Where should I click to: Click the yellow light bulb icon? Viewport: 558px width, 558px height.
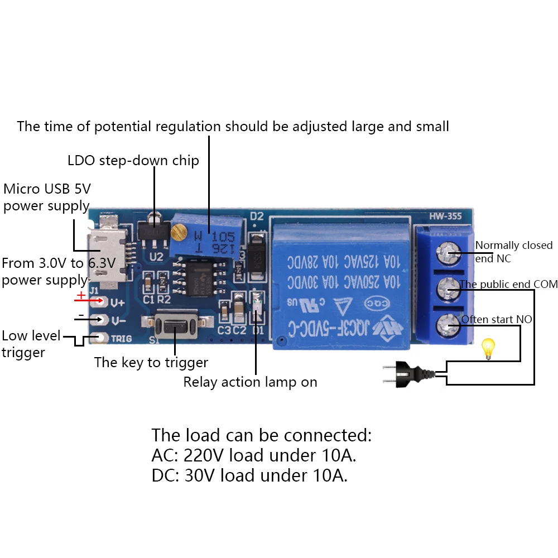pos(489,349)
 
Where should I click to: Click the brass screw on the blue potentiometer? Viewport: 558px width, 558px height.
pos(179,229)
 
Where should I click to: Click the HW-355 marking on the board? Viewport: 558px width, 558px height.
pos(445,216)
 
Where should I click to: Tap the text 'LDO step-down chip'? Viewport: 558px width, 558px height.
pos(133,161)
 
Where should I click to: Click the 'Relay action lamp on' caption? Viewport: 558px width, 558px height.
pos(250,382)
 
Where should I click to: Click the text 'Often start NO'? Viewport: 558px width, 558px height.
pos(496,320)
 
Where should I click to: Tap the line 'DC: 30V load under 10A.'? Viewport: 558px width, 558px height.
pos(249,475)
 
